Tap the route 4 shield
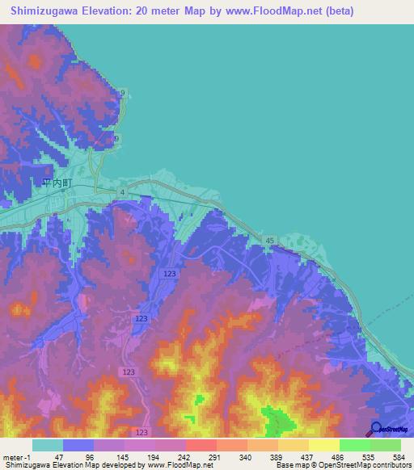point(121,191)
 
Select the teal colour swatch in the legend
point(47,445)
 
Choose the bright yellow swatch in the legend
point(323,445)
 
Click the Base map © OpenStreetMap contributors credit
point(343,465)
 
